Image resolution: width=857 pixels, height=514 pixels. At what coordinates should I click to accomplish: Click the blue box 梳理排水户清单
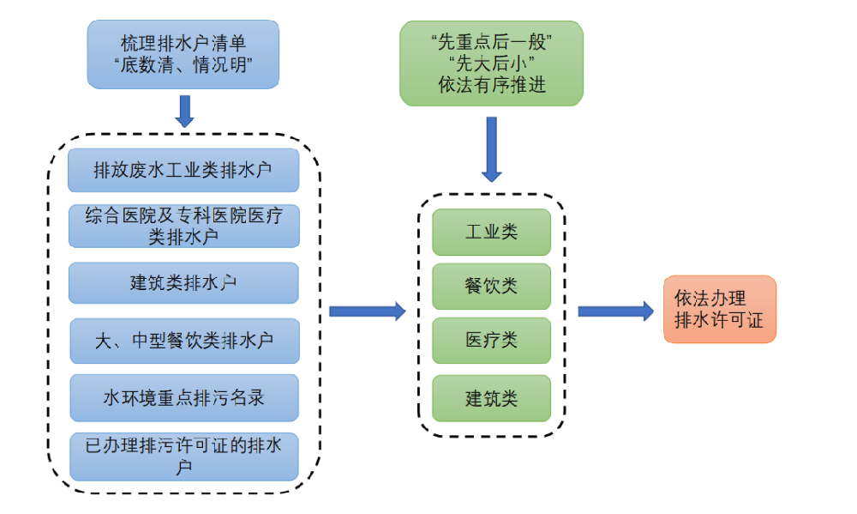tap(183, 54)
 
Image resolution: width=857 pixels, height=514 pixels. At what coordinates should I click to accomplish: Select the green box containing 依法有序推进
tap(491, 63)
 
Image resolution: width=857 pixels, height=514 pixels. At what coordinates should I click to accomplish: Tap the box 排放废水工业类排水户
tap(183, 170)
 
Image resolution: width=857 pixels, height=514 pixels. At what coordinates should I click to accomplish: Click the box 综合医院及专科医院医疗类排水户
tap(183, 226)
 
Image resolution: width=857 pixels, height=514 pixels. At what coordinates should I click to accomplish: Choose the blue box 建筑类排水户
tap(183, 283)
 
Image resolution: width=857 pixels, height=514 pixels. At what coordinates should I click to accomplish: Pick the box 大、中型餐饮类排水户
tap(183, 340)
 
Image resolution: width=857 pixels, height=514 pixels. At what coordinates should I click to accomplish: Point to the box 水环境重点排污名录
tap(183, 397)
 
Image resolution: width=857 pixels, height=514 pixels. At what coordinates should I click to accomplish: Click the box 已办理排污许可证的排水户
tap(183, 456)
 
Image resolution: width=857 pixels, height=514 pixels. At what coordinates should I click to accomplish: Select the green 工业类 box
tap(491, 232)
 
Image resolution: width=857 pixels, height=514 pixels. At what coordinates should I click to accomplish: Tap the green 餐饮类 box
tap(491, 287)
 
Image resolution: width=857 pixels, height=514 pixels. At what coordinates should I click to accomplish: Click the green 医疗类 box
tap(491, 341)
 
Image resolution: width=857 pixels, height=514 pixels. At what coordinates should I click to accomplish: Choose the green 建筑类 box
tap(491, 398)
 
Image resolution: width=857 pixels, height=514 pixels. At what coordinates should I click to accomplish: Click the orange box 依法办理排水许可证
tap(719, 310)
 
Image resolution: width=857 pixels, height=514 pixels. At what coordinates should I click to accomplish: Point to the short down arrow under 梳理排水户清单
tap(184, 111)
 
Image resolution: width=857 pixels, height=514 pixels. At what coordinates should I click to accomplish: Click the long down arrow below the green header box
tap(491, 148)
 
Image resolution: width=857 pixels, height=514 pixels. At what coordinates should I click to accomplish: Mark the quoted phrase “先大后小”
tap(491, 64)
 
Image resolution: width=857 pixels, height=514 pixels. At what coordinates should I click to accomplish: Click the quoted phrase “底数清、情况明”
tap(183, 65)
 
